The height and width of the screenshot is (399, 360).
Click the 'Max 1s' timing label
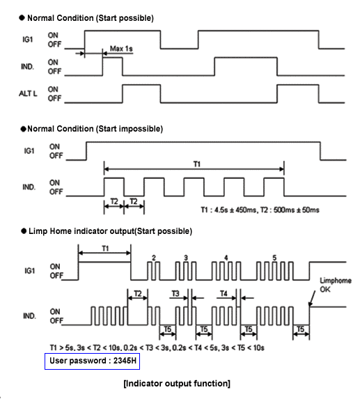121,48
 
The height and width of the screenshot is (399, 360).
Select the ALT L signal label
28,93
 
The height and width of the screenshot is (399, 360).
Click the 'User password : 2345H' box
93,361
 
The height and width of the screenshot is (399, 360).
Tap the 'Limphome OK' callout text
336,285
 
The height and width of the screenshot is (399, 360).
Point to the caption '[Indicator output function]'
177,384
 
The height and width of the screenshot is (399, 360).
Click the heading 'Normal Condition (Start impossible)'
95,129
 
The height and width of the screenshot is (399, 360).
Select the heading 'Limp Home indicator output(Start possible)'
110,231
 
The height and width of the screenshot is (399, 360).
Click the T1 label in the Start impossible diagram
197,164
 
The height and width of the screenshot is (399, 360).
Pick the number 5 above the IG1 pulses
274,258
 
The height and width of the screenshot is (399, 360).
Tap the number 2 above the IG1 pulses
154,258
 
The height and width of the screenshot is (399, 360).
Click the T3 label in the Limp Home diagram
175,294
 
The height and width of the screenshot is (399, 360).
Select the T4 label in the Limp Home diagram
224,294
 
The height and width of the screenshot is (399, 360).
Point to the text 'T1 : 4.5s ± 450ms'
228,210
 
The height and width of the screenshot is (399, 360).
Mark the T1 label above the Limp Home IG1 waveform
105,248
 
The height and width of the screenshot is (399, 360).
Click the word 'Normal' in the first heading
42,18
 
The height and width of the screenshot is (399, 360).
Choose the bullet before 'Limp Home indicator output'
24,231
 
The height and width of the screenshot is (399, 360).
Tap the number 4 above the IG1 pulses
226,258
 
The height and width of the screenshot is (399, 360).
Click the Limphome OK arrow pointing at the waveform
312,299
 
